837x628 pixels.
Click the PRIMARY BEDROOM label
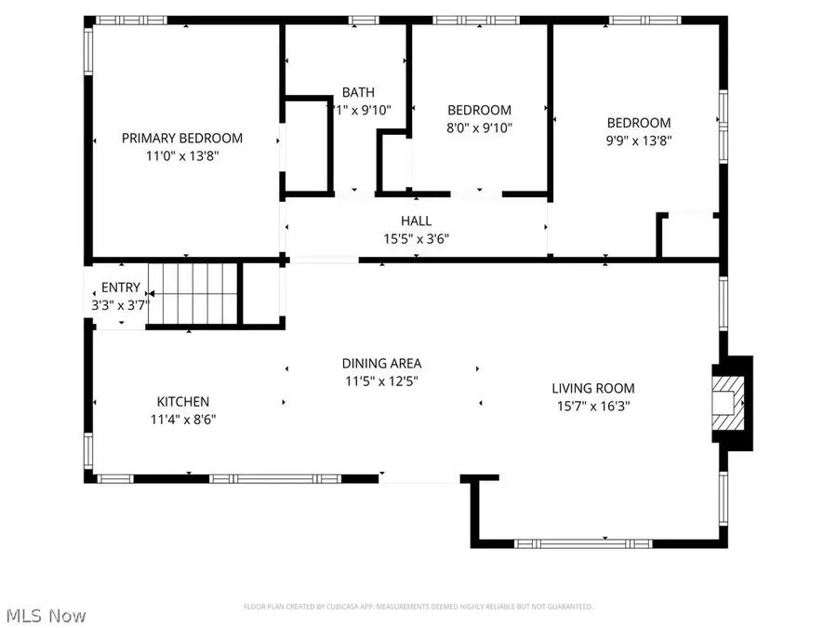[182, 138]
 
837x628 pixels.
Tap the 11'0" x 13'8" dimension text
[182, 156]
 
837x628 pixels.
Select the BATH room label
[358, 92]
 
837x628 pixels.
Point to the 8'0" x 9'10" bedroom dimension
[479, 127]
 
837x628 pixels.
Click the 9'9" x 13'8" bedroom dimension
[639, 140]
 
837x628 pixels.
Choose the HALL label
[416, 220]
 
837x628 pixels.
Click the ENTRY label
[121, 287]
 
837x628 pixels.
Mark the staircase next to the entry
[193, 293]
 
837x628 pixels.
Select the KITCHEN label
[182, 401]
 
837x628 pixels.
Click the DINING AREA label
[381, 364]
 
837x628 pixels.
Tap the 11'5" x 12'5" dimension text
[381, 381]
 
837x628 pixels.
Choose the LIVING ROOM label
[592, 388]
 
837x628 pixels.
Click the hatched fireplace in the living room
[729, 403]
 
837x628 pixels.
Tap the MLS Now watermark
[46, 615]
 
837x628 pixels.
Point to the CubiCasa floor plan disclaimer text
[418, 607]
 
